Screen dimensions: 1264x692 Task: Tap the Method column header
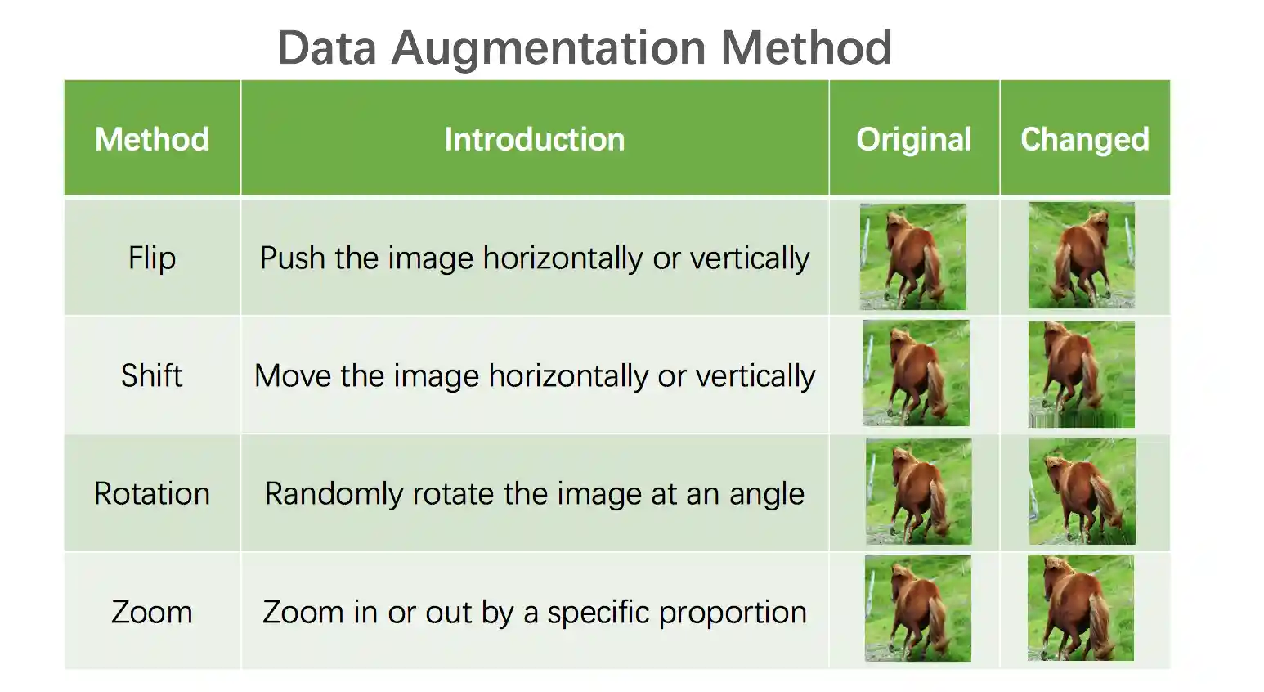pos(152,139)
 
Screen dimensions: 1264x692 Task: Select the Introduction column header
pos(535,139)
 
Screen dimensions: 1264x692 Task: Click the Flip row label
pos(152,258)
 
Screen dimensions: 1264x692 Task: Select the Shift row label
pos(152,375)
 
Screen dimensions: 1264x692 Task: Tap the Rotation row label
pos(152,493)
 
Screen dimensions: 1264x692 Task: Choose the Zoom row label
pos(152,612)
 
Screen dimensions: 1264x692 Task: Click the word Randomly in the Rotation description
pos(334,494)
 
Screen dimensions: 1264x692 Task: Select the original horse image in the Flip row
pos(913,257)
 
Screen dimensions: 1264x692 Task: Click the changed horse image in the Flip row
pos(1081,256)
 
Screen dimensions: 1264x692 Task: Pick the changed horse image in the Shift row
pos(1081,375)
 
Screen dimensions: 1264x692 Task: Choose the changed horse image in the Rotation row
pos(1082,492)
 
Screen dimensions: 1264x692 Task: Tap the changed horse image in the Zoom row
pos(1081,608)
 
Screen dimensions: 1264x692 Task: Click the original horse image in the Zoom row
pos(918,609)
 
